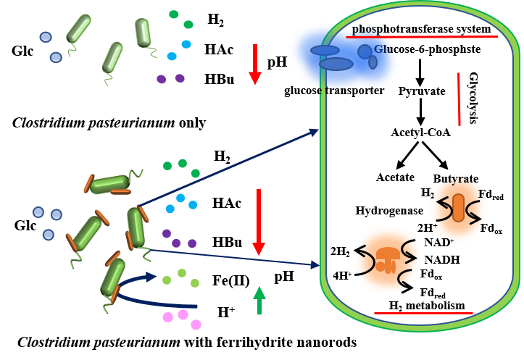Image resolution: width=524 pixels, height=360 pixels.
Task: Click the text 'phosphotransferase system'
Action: [x=422, y=29]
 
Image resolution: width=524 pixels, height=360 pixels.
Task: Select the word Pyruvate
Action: [x=422, y=91]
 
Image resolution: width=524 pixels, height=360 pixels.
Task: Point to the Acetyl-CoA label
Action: [x=420, y=133]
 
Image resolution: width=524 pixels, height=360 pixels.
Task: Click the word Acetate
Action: [x=395, y=177]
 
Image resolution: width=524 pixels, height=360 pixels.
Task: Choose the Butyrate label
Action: [x=455, y=178]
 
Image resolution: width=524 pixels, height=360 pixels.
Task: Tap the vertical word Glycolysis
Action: [x=473, y=98]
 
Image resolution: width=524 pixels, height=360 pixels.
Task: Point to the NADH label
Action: [x=441, y=259]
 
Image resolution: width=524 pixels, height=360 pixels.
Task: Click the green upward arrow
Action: [x=259, y=300]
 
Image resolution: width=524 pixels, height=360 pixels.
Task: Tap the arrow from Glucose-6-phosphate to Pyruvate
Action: [x=420, y=70]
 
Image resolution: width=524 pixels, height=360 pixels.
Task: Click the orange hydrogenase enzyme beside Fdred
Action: [x=458, y=208]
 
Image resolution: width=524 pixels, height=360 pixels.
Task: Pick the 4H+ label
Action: [x=341, y=275]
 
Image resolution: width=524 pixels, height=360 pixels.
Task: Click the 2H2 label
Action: [x=340, y=252]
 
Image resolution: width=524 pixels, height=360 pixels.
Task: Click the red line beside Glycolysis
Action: [x=459, y=98]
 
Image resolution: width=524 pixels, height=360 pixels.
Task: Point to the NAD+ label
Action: [x=438, y=242]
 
